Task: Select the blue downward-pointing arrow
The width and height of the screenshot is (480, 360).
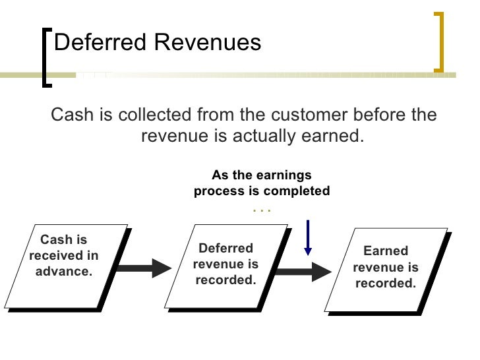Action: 307,237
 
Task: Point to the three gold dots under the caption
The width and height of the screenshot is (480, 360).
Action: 262,210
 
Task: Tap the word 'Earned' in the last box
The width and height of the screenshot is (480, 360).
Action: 386,251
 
